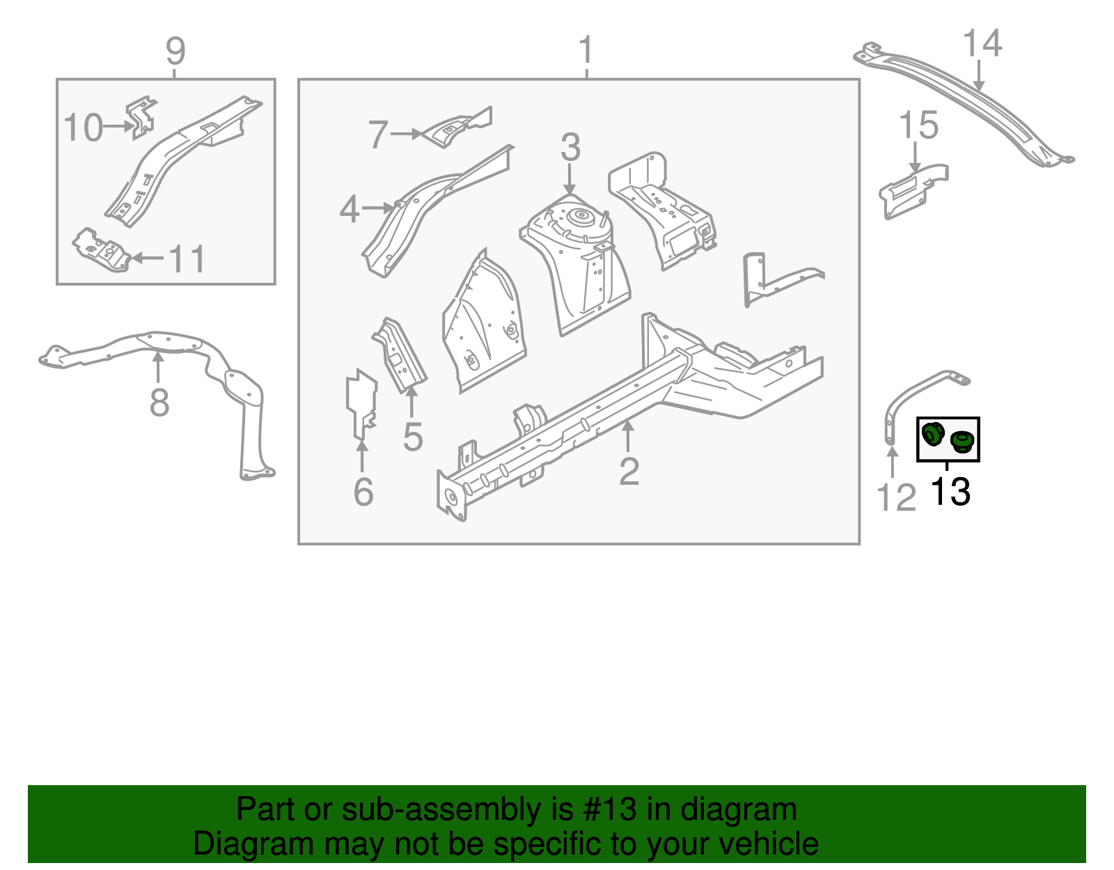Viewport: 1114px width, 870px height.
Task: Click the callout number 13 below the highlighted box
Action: [x=950, y=492]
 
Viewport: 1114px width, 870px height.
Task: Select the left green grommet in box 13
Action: [x=932, y=435]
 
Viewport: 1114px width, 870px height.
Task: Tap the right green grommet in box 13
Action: [x=962, y=441]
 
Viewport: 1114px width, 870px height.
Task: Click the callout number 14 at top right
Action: [x=982, y=43]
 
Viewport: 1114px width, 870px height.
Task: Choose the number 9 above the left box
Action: [x=175, y=52]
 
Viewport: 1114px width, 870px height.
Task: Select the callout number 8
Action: [x=159, y=403]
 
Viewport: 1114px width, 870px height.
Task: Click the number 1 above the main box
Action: [x=586, y=51]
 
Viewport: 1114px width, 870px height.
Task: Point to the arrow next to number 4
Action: [x=380, y=208]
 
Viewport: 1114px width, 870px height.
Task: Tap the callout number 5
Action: [x=413, y=437]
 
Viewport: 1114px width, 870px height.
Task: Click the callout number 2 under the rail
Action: [x=629, y=472]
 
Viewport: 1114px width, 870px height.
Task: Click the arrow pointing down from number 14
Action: [x=979, y=76]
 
